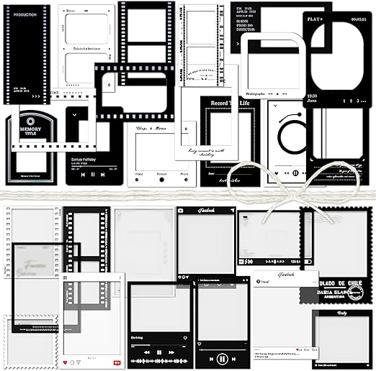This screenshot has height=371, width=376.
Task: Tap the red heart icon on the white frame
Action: click(x=66, y=361)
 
